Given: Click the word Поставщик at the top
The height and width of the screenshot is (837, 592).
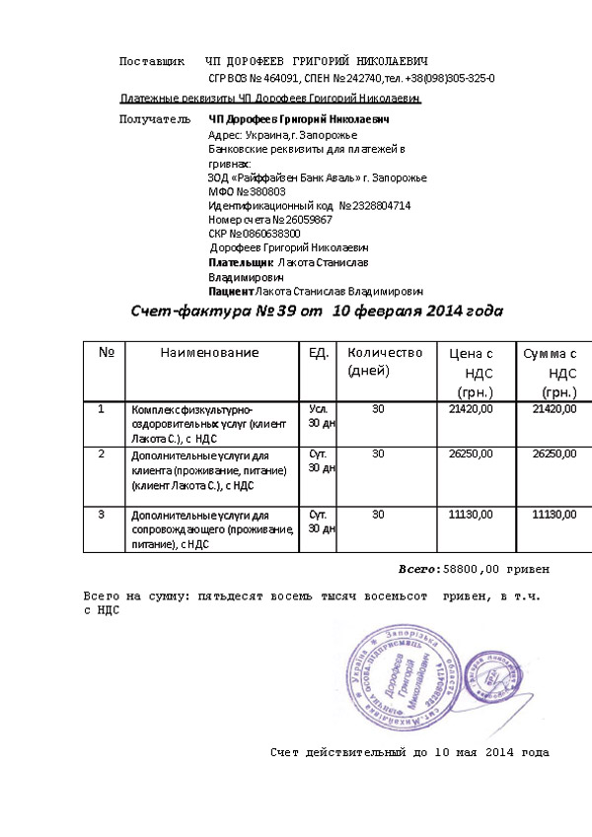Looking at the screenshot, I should point(151,62).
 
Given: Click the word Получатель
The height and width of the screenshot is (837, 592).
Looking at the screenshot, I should point(154,119).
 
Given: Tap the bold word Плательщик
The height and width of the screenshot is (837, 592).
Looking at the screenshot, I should point(241,264).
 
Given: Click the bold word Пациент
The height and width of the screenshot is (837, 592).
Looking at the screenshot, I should point(231,293).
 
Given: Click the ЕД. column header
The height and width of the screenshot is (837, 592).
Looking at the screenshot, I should point(319,353).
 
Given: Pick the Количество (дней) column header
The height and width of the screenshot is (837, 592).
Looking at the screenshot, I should point(384,362).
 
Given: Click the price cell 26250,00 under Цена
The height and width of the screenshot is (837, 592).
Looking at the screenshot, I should point(470,454).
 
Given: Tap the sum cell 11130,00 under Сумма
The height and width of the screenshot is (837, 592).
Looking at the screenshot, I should point(554,515).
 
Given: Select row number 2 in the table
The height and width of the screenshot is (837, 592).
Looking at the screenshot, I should point(102,454).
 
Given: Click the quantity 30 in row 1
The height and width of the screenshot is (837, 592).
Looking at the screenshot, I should point(378,408).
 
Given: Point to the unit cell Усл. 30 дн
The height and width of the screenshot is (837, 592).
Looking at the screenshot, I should point(321,415).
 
